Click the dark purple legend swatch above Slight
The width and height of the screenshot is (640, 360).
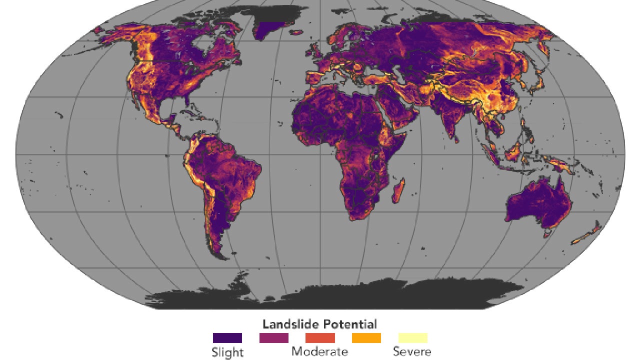tap(227, 338)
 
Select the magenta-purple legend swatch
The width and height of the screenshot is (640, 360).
tap(273, 338)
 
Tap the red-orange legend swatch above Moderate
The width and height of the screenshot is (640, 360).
tap(320, 338)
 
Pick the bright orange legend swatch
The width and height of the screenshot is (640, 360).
tap(366, 338)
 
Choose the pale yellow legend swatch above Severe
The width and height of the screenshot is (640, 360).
tap(412, 338)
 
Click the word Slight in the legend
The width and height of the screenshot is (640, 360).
tap(227, 352)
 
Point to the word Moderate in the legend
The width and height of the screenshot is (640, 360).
tap(319, 351)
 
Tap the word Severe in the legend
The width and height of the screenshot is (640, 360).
tap(412, 351)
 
